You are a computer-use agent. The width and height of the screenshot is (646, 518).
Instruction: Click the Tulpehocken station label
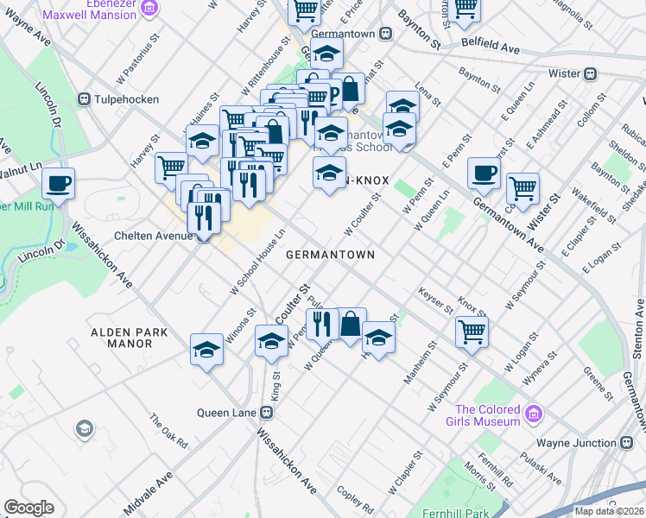pos(127,99)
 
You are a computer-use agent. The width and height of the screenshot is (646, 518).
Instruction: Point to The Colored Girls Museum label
pos(487,415)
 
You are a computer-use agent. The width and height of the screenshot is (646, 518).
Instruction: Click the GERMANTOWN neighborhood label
pos(330,255)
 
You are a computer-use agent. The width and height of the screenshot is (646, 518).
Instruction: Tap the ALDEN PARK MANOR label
pos(121,338)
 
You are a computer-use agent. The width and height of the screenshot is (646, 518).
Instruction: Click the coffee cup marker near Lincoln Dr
pos(59,183)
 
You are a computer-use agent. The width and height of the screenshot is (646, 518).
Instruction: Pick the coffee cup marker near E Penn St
pos(484,172)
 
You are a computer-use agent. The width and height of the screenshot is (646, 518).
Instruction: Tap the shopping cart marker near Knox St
pos(472,331)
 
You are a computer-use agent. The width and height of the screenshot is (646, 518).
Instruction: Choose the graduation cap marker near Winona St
pos(206,350)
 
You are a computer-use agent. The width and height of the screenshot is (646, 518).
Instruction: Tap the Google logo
pos(28,508)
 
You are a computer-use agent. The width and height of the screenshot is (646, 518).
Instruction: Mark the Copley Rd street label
pos(355,503)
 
